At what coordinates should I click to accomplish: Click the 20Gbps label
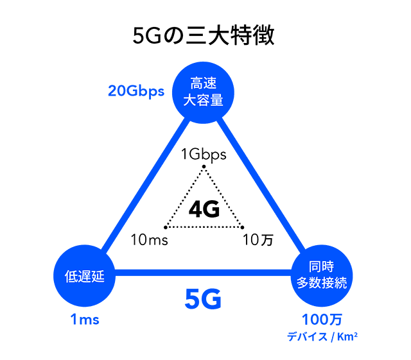pyautogui.click(x=136, y=91)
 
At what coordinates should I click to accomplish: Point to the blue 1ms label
pyautogui.click(x=85, y=319)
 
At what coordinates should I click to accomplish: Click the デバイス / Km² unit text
pyautogui.click(x=322, y=334)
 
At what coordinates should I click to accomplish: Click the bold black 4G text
pyautogui.click(x=204, y=209)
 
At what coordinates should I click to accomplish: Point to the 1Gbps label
pyautogui.click(x=204, y=154)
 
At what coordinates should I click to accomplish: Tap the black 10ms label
pyautogui.click(x=148, y=241)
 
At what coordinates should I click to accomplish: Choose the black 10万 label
pyautogui.click(x=258, y=241)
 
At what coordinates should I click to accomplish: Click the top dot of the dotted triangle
pyautogui.click(x=204, y=167)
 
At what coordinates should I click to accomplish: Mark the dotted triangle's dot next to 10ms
pyautogui.click(x=166, y=227)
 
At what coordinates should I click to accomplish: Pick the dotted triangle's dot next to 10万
pyautogui.click(x=242, y=227)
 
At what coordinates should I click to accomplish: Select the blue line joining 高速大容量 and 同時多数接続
pyautogui.click(x=263, y=186)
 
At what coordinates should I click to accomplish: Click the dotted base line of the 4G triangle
pyautogui.click(x=204, y=227)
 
